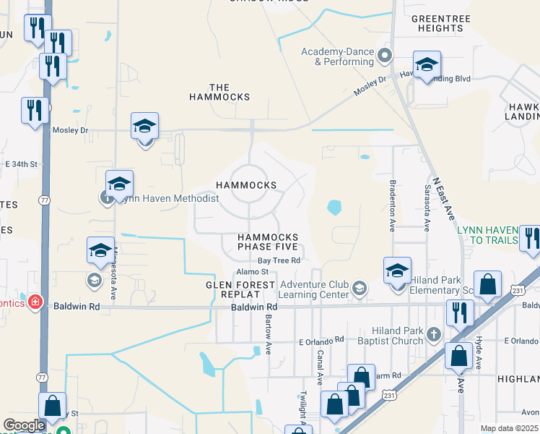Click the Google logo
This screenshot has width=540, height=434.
[24, 425]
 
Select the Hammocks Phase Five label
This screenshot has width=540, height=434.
[268, 242]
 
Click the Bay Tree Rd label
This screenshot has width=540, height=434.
[279, 260]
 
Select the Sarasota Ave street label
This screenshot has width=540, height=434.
[427, 207]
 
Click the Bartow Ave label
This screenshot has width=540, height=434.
[267, 333]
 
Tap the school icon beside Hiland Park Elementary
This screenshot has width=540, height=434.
[398, 271]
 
